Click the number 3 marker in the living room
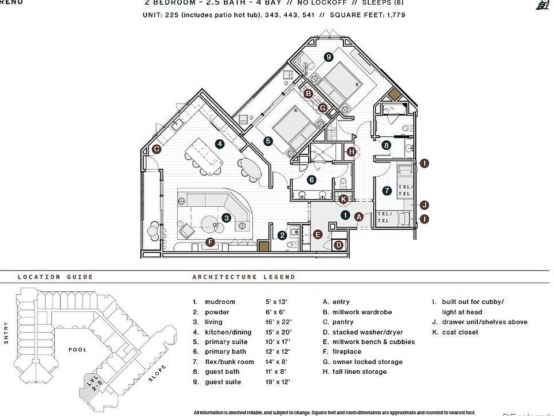(x=226, y=218)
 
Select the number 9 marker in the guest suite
(x=328, y=56)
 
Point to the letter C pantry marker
(x=156, y=149)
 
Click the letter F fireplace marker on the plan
(x=210, y=242)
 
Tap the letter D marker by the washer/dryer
(x=339, y=245)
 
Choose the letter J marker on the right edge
(x=424, y=205)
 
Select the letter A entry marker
(x=358, y=217)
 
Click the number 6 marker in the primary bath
(x=312, y=180)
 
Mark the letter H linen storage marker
(x=351, y=151)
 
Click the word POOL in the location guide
(x=77, y=350)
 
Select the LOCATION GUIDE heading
(x=55, y=277)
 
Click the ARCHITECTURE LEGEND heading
(x=244, y=277)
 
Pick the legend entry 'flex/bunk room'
(x=230, y=362)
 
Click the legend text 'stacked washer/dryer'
(x=367, y=332)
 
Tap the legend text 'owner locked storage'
(x=367, y=362)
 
